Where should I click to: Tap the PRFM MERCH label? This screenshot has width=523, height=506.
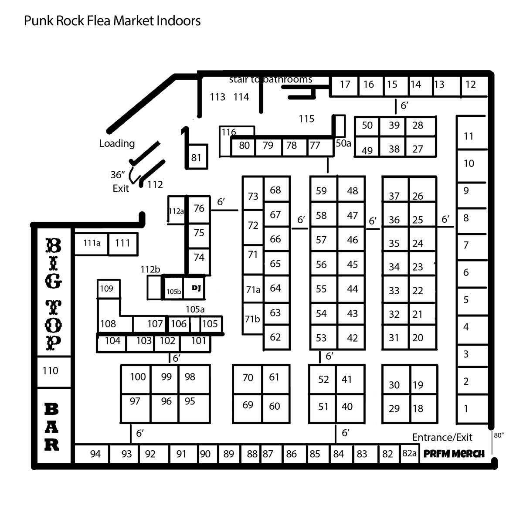[x=454, y=454]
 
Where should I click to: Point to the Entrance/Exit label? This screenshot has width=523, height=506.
[x=442, y=438]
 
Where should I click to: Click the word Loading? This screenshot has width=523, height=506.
[x=117, y=143]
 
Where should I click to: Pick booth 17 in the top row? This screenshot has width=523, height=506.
[x=345, y=86]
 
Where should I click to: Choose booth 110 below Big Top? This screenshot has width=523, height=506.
[x=54, y=372]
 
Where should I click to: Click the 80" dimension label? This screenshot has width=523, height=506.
[x=499, y=435]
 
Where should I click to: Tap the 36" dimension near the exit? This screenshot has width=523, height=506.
[x=118, y=175]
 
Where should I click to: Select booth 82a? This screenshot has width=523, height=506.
[x=409, y=453]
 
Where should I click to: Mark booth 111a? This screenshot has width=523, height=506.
[x=92, y=244]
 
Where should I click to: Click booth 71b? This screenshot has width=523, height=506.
[x=253, y=319]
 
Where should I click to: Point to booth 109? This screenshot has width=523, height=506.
[x=109, y=289]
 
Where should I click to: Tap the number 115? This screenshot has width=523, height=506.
[x=306, y=119]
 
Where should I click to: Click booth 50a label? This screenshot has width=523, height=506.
[x=343, y=143]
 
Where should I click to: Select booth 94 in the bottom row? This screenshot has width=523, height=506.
[x=92, y=454]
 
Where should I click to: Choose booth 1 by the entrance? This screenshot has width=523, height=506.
[x=472, y=409]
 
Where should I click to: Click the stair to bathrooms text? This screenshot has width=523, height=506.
[x=271, y=80]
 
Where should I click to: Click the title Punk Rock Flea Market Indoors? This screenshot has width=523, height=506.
[x=112, y=20]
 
